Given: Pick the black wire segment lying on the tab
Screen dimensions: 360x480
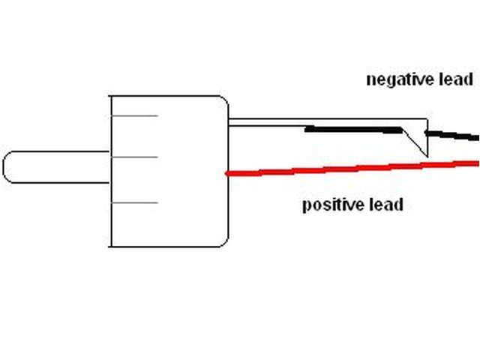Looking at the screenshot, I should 352,130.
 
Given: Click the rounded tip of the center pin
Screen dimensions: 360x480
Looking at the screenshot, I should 7,166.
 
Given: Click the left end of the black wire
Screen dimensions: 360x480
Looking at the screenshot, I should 307,129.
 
